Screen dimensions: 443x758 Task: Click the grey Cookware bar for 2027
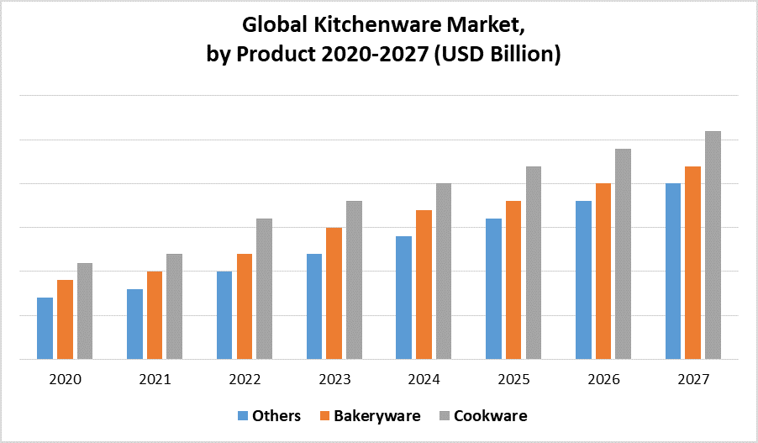[x=713, y=245]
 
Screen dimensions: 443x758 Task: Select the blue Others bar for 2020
[x=45, y=328]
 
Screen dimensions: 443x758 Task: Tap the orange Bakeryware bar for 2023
[x=334, y=293]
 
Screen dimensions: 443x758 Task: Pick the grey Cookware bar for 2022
[x=264, y=288]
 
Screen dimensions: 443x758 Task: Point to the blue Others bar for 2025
[x=493, y=288]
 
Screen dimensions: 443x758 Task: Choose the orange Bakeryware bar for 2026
[x=603, y=271]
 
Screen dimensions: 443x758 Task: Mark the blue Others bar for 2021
[x=134, y=324]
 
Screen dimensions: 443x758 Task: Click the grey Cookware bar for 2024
[x=443, y=271]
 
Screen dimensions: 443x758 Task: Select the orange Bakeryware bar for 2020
[x=65, y=319]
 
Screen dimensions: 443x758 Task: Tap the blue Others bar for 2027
[x=673, y=271]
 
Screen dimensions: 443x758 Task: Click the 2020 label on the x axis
[x=65, y=380]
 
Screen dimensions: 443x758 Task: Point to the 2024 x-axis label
[x=424, y=380]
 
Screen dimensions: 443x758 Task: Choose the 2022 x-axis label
[x=245, y=380]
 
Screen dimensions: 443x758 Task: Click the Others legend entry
[x=269, y=415]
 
